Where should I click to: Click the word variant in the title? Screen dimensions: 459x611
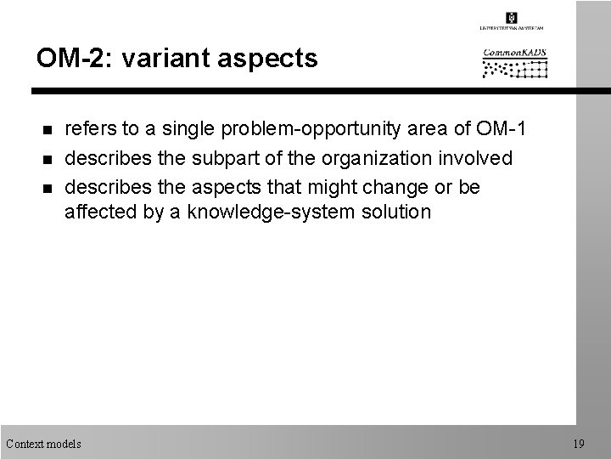[159, 59]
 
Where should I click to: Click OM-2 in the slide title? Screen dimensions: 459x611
[67, 59]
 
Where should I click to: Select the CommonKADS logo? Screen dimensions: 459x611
[514, 62]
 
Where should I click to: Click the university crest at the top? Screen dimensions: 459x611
[511, 17]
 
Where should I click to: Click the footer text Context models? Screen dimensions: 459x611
[43, 444]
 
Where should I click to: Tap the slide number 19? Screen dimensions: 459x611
[579, 444]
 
